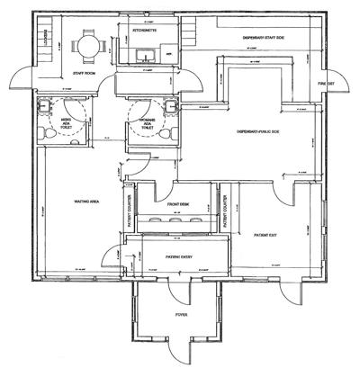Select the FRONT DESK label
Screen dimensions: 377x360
(177, 204)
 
